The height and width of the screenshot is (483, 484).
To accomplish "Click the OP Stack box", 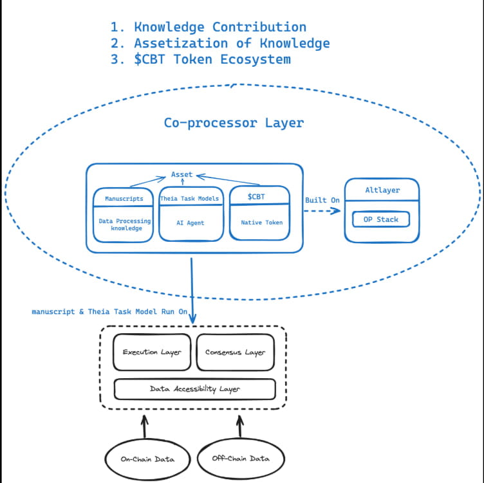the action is click(x=381, y=219).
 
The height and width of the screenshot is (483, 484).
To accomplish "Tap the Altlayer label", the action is click(x=382, y=190).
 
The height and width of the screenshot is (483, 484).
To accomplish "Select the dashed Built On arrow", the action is click(x=322, y=211).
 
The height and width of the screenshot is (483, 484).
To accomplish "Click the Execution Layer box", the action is click(x=152, y=352).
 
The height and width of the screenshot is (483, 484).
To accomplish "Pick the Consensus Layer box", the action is click(x=235, y=352).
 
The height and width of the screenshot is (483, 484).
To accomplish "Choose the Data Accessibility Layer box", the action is click(x=195, y=389).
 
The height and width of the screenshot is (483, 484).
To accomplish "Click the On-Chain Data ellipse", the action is click(x=147, y=459).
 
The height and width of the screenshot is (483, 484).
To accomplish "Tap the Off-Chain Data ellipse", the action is click(x=241, y=459).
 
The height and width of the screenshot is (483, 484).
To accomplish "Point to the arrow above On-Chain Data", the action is click(x=144, y=426).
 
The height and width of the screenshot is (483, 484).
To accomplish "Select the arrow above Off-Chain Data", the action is click(x=240, y=426).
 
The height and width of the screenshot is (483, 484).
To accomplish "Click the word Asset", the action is click(x=181, y=174).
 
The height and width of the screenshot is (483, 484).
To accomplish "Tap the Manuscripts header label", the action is click(x=124, y=199).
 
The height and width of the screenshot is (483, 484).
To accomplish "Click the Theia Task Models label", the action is click(x=189, y=199).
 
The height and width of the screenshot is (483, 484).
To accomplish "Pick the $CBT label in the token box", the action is click(x=256, y=197).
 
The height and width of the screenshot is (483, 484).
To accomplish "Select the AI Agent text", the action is click(x=190, y=223).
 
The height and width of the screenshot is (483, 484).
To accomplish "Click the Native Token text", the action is click(x=262, y=223).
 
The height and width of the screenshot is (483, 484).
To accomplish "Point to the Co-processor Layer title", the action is click(x=234, y=123).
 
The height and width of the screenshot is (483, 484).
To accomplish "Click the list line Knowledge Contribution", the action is click(x=209, y=27).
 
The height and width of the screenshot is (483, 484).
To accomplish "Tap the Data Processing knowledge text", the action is click(x=125, y=224).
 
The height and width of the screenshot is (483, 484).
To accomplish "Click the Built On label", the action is click(x=322, y=200).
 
